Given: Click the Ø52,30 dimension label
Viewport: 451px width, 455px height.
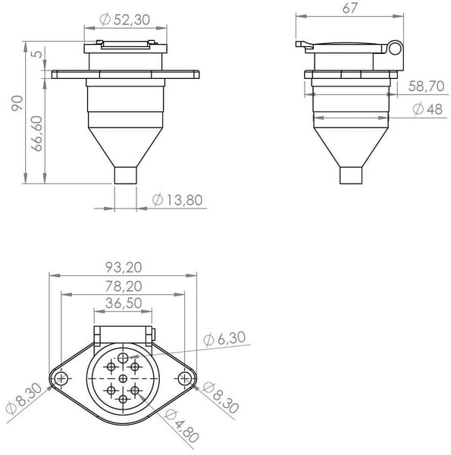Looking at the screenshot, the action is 125,20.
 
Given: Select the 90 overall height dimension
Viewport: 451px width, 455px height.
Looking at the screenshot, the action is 17,103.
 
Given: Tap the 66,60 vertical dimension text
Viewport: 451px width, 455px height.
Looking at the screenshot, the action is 37,133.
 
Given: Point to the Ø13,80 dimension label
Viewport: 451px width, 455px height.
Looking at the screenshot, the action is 177,200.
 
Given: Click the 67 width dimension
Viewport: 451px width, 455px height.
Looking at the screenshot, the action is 349,8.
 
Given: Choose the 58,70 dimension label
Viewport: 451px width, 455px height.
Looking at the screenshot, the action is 426,86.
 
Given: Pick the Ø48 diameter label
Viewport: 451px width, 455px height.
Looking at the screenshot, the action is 428,109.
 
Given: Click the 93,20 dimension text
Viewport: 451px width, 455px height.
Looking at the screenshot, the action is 124,267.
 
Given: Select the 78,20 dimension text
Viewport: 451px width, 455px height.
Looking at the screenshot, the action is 124,286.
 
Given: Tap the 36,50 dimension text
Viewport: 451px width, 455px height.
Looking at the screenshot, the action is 124,303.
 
